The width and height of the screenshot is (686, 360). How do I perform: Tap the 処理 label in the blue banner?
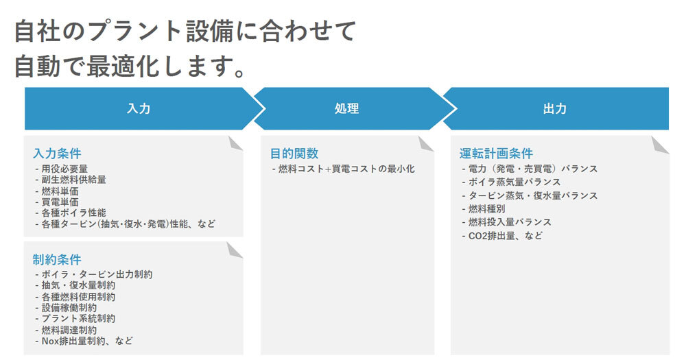(x=346, y=109)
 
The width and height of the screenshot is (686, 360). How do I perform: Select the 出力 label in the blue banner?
(x=554, y=109)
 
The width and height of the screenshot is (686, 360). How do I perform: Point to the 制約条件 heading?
(x=57, y=259)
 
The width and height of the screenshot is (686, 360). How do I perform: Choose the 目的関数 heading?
(x=294, y=154)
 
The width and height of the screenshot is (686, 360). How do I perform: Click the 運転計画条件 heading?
(x=496, y=154)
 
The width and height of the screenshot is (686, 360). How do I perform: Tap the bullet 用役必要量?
(x=64, y=169)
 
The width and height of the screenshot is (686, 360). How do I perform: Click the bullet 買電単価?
(x=59, y=202)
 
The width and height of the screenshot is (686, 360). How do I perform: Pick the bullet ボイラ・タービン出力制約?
(x=97, y=274)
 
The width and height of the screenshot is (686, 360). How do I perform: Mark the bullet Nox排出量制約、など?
(x=87, y=340)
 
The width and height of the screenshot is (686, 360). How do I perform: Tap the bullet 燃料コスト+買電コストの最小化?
(x=346, y=169)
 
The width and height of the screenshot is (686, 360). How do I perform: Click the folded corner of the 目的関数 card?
(x=426, y=143)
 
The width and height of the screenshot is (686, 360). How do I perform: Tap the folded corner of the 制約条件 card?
(x=235, y=249)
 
